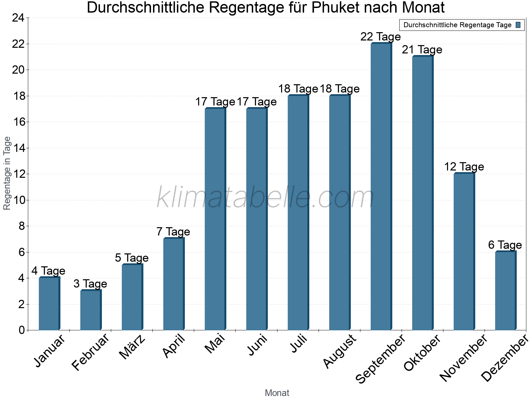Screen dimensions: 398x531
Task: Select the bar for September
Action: [381, 187]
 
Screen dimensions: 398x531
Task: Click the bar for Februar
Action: [91, 310]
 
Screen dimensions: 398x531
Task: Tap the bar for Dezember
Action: [505, 291]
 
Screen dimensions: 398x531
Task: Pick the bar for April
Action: [174, 284]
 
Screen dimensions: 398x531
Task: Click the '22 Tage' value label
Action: [381, 37]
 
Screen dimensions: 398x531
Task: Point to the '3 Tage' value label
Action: [90, 284]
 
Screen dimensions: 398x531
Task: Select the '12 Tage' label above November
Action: [464, 167]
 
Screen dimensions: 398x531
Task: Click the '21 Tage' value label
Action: [422, 50]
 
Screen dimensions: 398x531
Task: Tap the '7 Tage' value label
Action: [173, 232]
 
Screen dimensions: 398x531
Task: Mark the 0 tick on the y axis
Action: [22, 330]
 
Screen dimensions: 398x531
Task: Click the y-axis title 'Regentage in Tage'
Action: [7, 173]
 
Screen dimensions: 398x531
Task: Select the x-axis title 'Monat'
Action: [277, 393]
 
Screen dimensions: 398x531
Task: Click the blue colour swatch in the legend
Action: [518, 25]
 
